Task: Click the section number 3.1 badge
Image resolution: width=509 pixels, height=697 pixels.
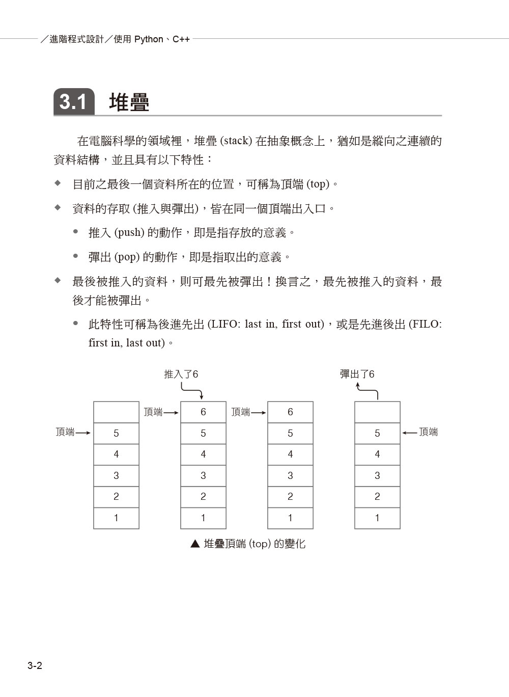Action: coord(74,102)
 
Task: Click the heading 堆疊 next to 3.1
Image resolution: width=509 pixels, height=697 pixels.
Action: coord(129,102)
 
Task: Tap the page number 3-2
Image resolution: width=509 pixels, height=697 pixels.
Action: coord(35,665)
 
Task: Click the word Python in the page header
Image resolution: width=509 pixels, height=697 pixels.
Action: coord(149,39)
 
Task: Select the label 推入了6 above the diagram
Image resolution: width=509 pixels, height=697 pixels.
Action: coord(181,374)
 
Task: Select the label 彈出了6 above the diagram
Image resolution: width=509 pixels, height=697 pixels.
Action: coord(357,374)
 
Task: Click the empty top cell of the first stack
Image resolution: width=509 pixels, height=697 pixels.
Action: coord(116,412)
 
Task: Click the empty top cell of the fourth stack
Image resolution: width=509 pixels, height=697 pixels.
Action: coord(377,412)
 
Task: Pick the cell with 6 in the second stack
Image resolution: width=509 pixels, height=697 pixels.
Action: coord(203,412)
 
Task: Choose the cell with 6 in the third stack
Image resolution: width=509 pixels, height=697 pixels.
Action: coord(290,412)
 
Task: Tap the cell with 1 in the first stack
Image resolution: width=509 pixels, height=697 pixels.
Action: coord(116,518)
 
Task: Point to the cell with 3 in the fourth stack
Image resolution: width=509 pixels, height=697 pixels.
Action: coord(377,475)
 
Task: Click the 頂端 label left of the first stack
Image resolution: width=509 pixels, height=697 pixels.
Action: coord(65,432)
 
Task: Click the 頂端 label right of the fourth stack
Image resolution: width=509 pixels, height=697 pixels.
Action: coord(428,432)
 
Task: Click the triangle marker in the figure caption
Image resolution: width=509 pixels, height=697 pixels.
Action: coord(195,544)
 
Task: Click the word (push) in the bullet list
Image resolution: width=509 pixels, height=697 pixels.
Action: coord(129,233)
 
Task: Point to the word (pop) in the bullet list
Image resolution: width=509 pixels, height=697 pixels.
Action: coord(127,257)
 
